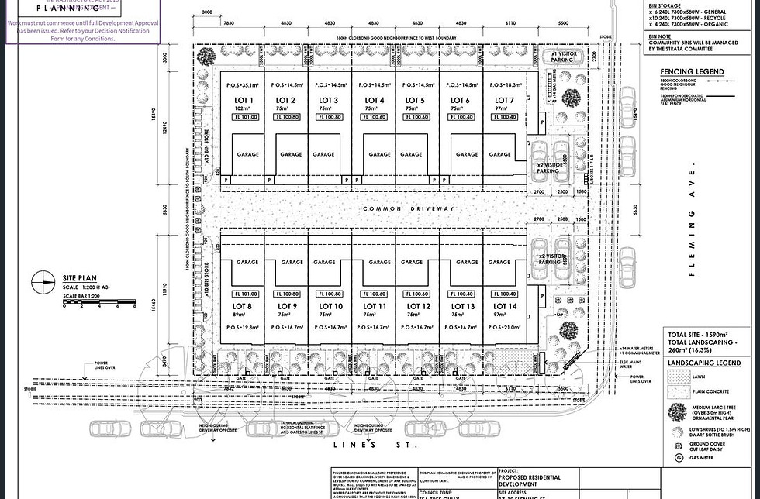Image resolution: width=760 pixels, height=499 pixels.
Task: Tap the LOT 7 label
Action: pos(503,101)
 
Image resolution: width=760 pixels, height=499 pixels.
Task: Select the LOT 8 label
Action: pos(244,307)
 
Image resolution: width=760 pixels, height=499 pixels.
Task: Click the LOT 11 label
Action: pos(375,307)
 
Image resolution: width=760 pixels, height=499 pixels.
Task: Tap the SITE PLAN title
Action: pos(79,277)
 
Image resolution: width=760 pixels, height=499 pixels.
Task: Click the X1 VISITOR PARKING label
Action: pos(562,57)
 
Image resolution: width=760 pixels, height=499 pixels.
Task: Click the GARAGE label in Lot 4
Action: pos(380,154)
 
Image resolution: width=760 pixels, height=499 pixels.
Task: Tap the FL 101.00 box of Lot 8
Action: pos(245,294)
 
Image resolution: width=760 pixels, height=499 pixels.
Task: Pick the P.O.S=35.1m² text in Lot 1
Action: pos(243,85)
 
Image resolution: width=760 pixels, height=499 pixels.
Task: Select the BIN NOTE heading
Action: pos(662,36)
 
